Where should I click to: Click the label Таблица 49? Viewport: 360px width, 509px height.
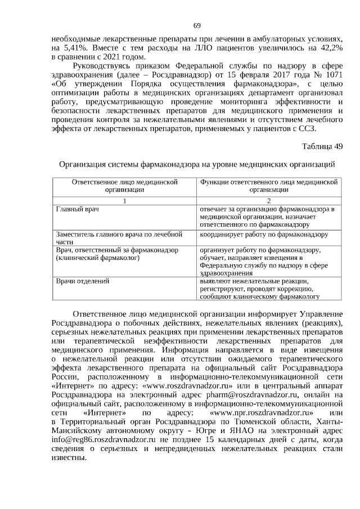pyautogui.click(x=322, y=147)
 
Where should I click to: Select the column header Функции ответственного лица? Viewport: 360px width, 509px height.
pyautogui.click(x=268, y=186)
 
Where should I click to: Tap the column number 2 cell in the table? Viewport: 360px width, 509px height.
pyautogui.click(x=268, y=201)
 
